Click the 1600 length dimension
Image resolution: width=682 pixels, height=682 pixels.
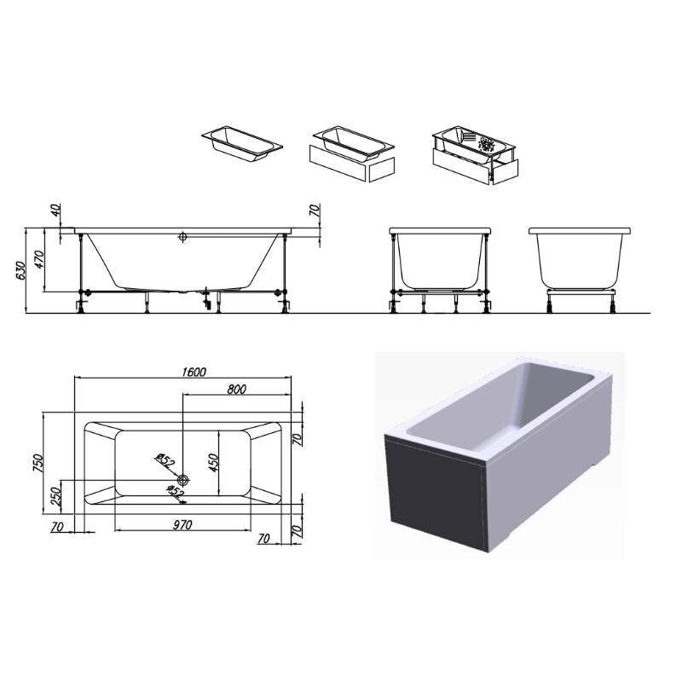coord(194,372)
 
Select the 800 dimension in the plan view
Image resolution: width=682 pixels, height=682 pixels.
coord(237,390)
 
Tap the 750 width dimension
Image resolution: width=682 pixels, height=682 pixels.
coord(38,463)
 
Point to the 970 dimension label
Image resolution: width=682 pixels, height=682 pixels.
coord(182,525)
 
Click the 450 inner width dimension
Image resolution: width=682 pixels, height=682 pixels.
coord(213,463)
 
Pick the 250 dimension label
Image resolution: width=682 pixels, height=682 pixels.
coord(56,497)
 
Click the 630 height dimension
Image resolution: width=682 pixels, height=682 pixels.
coord(20,271)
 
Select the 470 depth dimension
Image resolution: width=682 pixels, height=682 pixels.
coord(39,259)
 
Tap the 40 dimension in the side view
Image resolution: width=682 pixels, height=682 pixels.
coord(56,210)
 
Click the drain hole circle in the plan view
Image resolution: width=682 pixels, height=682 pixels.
coord(183,480)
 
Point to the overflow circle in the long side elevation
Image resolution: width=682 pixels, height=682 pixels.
coord(182,237)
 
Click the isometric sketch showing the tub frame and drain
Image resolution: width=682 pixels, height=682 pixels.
coord(476,155)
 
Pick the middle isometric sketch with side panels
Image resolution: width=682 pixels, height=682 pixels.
coord(352,154)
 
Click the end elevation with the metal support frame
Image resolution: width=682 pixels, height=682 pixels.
coord(440,269)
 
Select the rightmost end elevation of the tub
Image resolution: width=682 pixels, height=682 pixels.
coord(580,269)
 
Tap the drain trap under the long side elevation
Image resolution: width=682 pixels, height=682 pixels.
coord(206,298)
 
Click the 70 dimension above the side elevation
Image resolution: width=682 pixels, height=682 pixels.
coord(315,211)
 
